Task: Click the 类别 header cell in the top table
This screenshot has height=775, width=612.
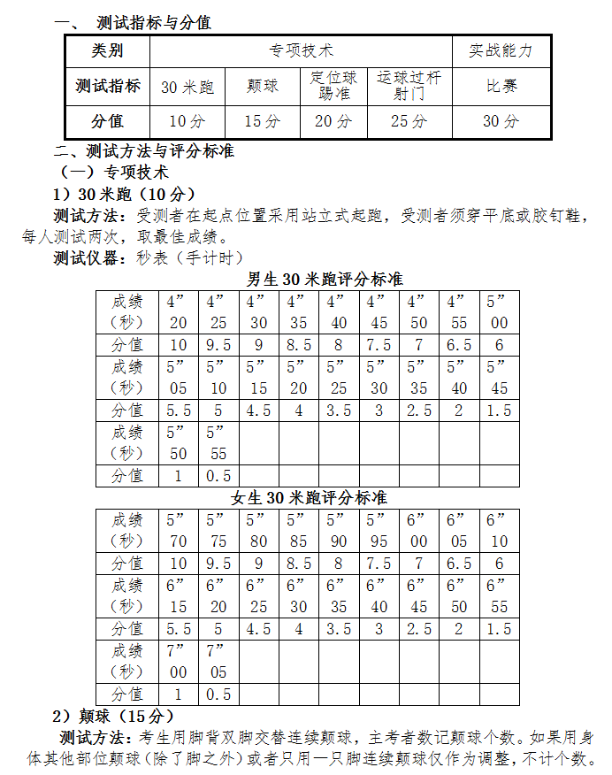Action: coord(108,51)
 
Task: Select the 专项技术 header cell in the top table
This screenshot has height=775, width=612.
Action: coord(301,51)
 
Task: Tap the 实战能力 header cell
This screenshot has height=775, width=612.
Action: coord(501,51)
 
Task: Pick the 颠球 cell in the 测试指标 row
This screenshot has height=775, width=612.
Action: coord(263,87)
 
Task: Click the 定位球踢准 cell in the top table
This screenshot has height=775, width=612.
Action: coord(333,86)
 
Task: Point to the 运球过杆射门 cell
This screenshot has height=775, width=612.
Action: coord(409,86)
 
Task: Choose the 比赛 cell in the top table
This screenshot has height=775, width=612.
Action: coord(501,87)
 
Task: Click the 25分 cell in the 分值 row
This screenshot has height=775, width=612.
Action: coord(409,121)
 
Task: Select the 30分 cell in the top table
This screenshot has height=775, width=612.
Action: coord(501,121)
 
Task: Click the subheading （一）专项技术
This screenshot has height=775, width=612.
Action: coord(114,172)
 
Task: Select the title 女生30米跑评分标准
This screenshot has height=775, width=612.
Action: coord(310,498)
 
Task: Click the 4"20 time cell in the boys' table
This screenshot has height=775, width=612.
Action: coord(178,311)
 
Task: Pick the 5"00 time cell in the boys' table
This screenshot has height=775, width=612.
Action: coord(499,311)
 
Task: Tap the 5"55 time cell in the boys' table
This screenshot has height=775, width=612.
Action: coord(218,442)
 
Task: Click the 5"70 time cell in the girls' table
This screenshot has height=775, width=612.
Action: coord(178,530)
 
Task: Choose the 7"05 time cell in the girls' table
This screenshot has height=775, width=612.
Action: coord(218,661)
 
